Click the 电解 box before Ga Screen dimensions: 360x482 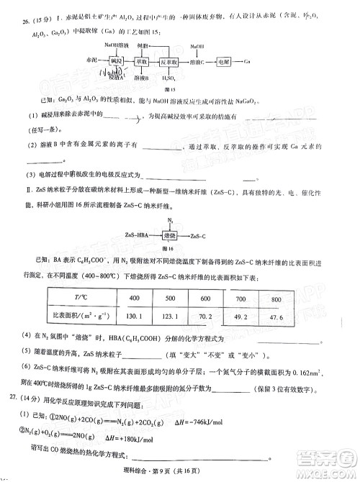click(x=225, y=63)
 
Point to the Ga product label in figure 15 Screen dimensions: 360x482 click(x=246, y=63)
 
